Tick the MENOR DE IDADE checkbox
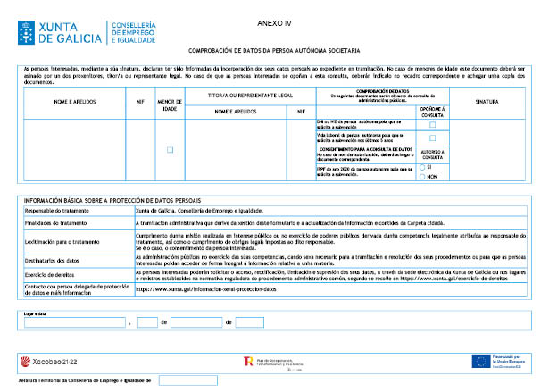170,149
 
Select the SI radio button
422,167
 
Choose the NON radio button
422,176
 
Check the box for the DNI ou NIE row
432,124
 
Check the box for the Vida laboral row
432,137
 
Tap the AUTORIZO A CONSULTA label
432,154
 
